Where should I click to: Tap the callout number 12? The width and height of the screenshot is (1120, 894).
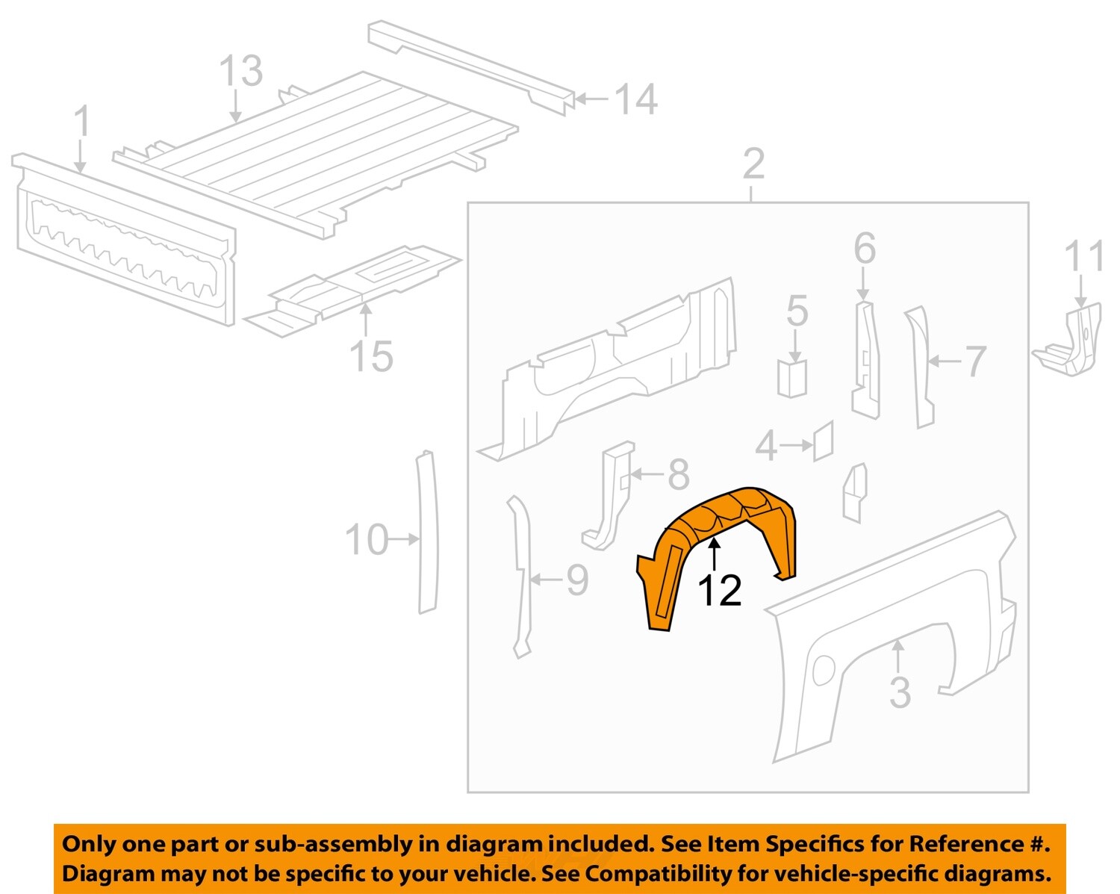719,591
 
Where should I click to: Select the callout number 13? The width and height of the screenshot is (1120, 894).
240,72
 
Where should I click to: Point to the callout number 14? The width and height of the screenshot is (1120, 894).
635,100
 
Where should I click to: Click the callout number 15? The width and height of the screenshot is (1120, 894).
371,356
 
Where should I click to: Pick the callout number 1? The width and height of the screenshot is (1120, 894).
82,122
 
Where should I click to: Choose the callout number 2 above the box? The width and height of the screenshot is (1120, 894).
753,164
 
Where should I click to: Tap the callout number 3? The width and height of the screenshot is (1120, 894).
900,693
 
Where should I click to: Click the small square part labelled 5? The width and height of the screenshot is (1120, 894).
791,379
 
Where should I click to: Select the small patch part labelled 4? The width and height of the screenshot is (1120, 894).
823,442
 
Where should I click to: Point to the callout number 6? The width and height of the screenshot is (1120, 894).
864,249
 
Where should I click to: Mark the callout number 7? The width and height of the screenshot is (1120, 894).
975,362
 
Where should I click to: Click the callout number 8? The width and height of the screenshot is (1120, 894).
678,475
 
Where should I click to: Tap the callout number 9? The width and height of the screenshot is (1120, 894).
577,580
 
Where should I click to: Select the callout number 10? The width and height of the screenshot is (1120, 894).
367,540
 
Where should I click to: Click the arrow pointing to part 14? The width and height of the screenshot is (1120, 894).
591,99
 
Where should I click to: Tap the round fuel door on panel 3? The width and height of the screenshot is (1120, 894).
823,669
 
